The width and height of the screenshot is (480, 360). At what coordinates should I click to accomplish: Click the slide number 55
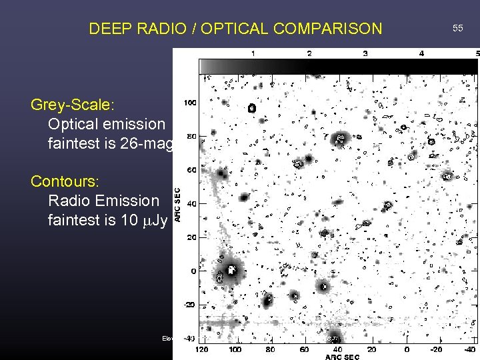tap(457, 28)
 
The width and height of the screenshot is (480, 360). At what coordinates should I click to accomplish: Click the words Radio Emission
tap(103, 201)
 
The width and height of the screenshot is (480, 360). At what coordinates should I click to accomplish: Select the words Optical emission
tap(106, 124)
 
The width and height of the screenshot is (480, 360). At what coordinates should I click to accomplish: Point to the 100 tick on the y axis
tap(189, 103)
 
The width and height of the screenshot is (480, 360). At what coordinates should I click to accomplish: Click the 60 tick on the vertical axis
tap(191, 171)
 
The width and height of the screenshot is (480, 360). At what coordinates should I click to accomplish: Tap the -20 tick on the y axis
tap(190, 305)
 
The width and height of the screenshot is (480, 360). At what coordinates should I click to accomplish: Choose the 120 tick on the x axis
tap(201, 349)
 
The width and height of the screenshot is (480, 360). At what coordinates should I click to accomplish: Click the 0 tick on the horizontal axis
tap(407, 349)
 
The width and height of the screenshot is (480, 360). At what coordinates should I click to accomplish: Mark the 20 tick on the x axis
tap(372, 349)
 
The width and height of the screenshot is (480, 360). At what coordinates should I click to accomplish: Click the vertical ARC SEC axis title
tap(177, 203)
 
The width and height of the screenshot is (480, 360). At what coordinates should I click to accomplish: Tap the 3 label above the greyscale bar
tap(365, 53)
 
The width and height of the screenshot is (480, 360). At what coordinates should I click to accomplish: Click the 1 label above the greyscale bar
tap(252, 53)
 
